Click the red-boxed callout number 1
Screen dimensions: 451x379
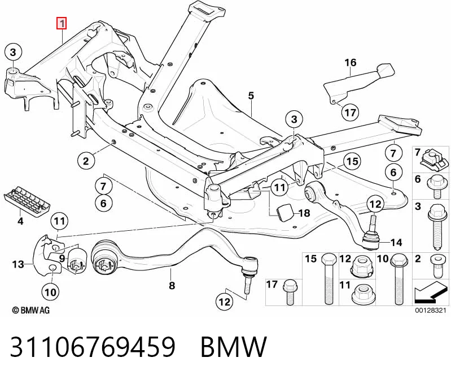pyautogui.click(x=62, y=24)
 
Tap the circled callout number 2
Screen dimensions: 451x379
pyautogui.click(x=86, y=161)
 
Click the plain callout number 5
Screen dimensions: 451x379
pyautogui.click(x=251, y=96)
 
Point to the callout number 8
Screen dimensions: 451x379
pyautogui.click(x=172, y=285)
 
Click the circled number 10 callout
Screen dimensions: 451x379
pyautogui.click(x=51, y=292)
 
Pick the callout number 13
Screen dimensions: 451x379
pyautogui.click(x=18, y=264)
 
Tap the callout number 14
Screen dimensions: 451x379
pyautogui.click(x=396, y=242)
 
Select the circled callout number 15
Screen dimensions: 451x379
pyautogui.click(x=352, y=161)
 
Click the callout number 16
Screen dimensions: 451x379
pyautogui.click(x=351, y=62)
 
